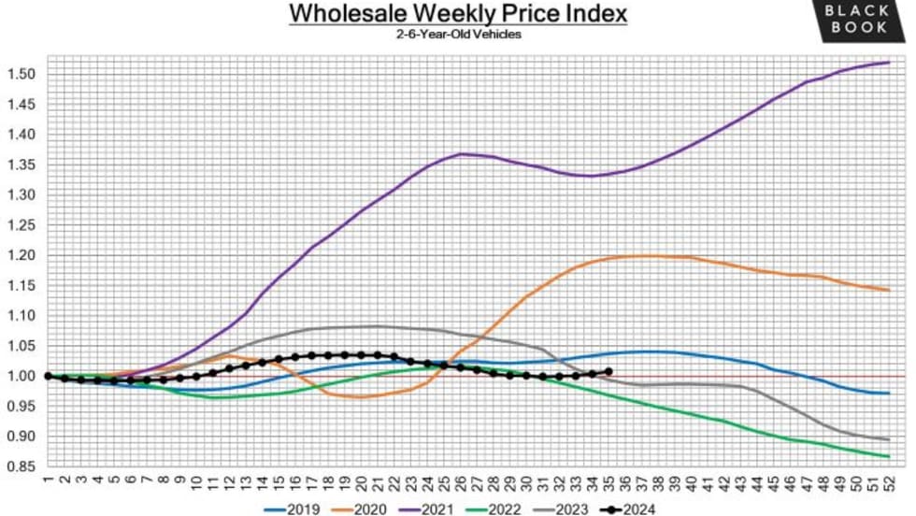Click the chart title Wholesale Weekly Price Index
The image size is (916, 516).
point(457,15)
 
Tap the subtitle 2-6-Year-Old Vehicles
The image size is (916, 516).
point(457,35)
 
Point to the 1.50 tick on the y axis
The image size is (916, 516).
point(21,74)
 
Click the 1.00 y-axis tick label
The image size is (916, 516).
point(21,376)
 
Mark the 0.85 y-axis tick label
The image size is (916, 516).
point(21,466)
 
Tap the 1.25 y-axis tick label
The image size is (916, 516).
point(21,225)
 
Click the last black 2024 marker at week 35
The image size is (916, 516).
point(608,371)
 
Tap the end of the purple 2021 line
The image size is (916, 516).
point(887,63)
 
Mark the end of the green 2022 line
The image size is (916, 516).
point(887,456)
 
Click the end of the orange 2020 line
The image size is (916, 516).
point(887,290)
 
